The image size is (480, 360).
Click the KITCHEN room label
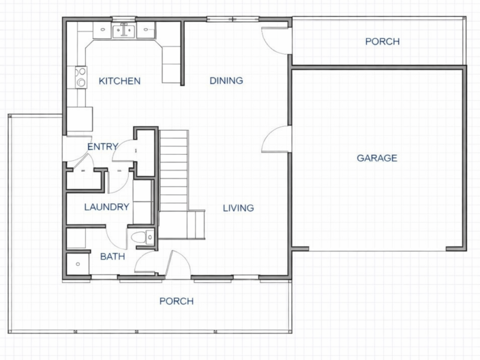[x=120, y=81]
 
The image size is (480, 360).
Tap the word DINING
[x=226, y=80]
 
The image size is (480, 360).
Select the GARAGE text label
[x=377, y=158]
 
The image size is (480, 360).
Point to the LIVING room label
[x=238, y=208]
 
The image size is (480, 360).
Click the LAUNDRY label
[x=107, y=208]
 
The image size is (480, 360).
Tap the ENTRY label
[x=102, y=146]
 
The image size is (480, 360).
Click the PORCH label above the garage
[x=382, y=42]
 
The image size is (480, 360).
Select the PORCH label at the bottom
[x=176, y=301]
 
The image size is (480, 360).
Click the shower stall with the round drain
[x=76, y=262]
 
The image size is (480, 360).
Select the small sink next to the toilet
[x=150, y=238]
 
